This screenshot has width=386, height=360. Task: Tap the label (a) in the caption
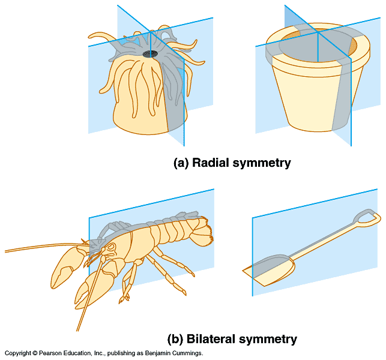coord(182,163)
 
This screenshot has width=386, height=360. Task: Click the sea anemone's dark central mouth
coord(150,54)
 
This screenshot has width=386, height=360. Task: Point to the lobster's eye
coord(110,245)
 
